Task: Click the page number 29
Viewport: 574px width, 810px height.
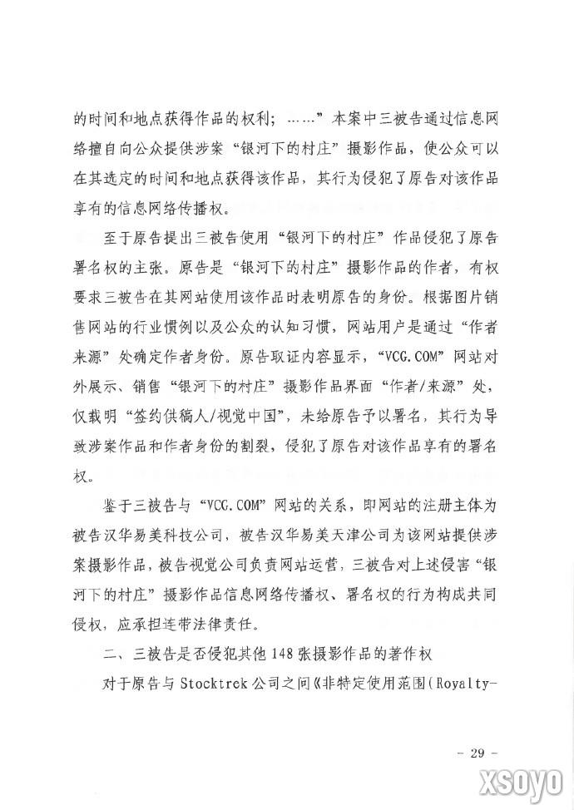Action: [476, 754]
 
